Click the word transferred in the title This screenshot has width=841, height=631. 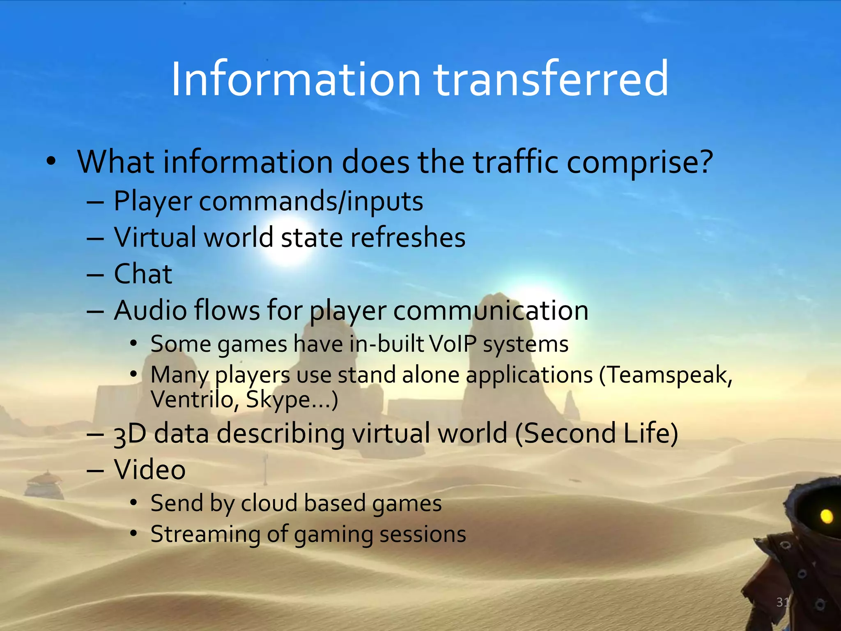point(551,79)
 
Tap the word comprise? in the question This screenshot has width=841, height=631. point(639,163)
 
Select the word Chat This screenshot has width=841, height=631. point(142,274)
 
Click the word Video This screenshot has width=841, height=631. point(149,470)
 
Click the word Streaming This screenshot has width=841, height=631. point(205,534)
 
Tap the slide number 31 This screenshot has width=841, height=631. point(782,602)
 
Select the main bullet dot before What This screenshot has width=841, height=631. point(51,161)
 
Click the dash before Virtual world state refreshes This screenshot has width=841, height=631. point(95,239)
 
